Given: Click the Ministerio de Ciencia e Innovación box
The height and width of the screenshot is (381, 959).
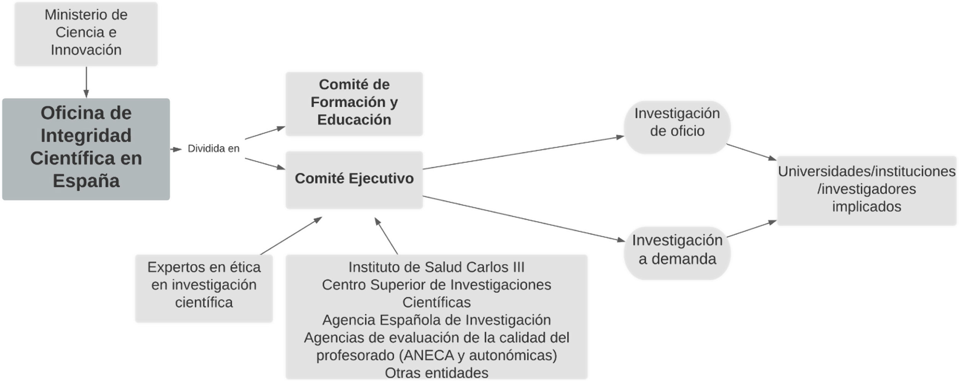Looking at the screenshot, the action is tap(86, 34).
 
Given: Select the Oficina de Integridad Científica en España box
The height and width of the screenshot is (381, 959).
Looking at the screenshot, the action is tap(86, 149).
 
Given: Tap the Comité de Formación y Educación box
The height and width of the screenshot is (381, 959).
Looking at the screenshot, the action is tap(354, 104).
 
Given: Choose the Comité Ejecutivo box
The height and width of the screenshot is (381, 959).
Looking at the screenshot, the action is tap(354, 180).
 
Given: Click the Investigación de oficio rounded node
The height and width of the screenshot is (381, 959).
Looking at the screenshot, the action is tap(677, 127).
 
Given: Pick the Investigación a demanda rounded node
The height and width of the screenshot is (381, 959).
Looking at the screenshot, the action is tap(677, 253).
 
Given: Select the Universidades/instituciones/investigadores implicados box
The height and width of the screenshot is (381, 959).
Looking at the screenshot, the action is tap(866, 190).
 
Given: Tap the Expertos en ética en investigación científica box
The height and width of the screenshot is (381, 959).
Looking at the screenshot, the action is tap(204, 288).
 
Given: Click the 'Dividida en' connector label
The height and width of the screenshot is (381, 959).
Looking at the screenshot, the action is tap(213, 149).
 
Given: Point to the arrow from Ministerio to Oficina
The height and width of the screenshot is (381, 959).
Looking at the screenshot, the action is tap(86, 82).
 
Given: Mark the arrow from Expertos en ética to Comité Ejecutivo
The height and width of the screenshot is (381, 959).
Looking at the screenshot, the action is tap(291, 236).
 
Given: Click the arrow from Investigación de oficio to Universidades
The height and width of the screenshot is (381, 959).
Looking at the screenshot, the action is tap(751, 152).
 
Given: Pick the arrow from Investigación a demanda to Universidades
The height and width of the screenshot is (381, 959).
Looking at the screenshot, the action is tap(751, 229).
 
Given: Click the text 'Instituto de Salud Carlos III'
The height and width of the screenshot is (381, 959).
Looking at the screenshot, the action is tap(436, 267).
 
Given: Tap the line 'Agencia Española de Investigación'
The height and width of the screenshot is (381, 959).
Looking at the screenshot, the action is tap(436, 320).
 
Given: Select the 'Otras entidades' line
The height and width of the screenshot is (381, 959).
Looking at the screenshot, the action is tap(436, 373).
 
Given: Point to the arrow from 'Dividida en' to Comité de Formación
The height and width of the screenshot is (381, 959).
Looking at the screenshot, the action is tap(265, 133).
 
